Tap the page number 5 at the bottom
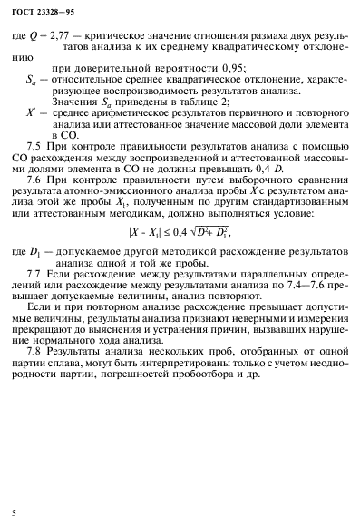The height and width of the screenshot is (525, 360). [6, 514]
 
